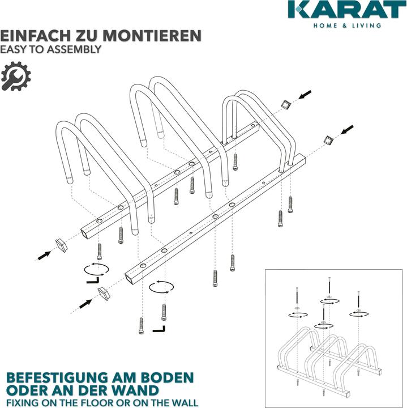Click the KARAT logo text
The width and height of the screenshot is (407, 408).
[x=346, y=10]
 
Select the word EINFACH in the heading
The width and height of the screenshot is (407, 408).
[x=32, y=36]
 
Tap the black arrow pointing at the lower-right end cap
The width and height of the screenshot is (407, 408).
[x=346, y=130]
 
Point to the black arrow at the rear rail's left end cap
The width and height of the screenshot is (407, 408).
[x=44, y=254]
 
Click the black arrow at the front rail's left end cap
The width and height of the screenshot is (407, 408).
[x=85, y=303]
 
